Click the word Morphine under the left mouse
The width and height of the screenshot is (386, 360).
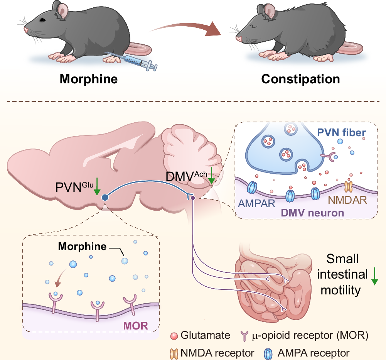click(88, 79)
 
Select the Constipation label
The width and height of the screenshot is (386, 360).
click(300, 79)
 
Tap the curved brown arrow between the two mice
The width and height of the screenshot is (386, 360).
click(185, 31)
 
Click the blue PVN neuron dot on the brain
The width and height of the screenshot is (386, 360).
click(104, 198)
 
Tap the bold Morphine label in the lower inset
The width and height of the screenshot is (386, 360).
click(82, 246)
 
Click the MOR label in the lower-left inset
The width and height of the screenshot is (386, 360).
click(135, 325)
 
